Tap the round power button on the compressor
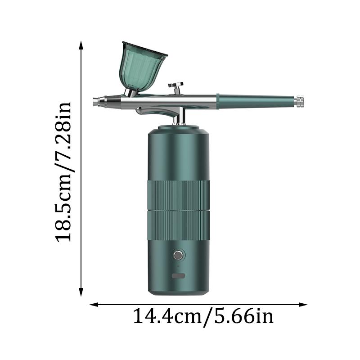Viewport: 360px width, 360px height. click(x=179, y=256)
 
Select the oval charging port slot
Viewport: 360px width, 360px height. click(x=179, y=276)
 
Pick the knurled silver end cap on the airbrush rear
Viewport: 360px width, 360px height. click(x=300, y=101)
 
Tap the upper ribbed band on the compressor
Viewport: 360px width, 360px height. click(x=179, y=195)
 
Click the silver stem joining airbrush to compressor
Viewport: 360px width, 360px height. click(x=182, y=118)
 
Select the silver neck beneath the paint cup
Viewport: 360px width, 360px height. click(x=131, y=92)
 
